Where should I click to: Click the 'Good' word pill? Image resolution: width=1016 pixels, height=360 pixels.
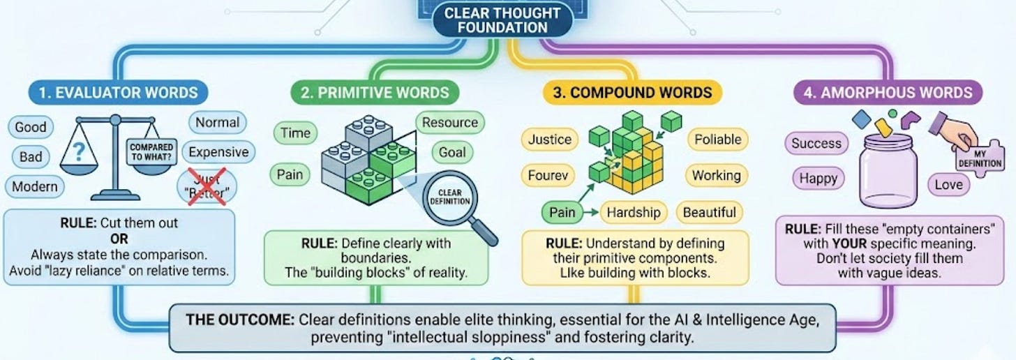pos(31,127)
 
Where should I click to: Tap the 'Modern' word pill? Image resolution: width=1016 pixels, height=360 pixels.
pos(35,186)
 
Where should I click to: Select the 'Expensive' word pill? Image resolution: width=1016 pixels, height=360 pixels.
pos(218,152)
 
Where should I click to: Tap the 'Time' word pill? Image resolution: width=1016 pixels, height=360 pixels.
pos(296,133)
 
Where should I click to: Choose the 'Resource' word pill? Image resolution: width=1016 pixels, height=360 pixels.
pos(450,123)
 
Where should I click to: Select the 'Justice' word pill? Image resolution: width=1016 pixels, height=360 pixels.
pos(550,140)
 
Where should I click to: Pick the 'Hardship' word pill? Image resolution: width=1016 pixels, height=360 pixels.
pos(634,212)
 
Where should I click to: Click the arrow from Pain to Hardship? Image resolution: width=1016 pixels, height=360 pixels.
pos(590,212)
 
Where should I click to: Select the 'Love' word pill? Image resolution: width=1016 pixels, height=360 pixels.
pos(948,185)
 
